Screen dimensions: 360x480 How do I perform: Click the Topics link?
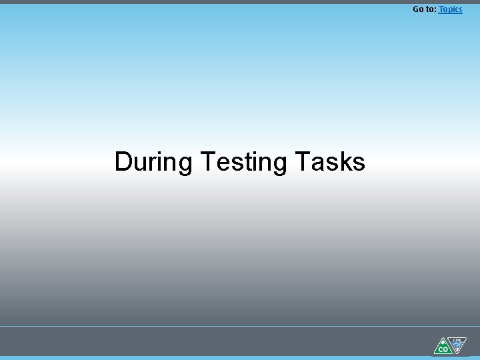point(450,9)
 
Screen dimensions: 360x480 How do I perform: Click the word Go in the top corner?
point(419,9)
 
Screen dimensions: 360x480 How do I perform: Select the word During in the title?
point(153,162)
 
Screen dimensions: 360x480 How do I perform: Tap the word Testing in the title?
point(243,162)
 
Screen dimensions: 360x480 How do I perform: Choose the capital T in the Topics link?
point(441,9)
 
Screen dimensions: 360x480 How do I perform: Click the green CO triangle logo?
point(443,347)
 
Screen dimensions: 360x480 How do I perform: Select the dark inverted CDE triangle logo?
point(456,344)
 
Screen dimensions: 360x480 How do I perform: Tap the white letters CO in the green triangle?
point(443,349)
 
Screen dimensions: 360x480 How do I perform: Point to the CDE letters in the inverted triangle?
point(457,339)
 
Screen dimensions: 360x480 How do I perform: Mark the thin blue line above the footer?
point(240,326)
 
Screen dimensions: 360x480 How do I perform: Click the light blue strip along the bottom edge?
point(240,358)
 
